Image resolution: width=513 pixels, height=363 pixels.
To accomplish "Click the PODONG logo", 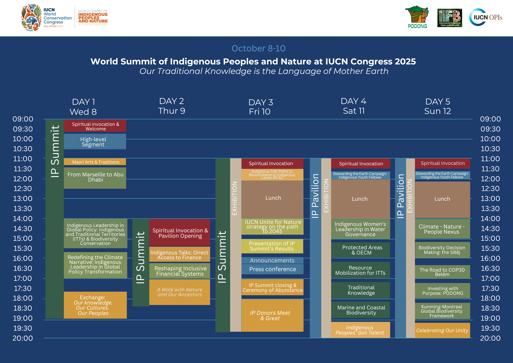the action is (x=417, y=17).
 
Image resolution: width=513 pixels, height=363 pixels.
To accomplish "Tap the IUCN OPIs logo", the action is (x=486, y=17).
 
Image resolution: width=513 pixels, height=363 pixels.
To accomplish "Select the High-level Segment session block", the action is (x=95, y=141).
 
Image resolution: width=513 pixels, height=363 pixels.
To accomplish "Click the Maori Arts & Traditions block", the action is (x=95, y=162).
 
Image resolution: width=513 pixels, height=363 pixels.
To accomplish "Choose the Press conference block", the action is (x=272, y=269).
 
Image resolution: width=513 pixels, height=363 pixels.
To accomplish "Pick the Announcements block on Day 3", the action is (x=272, y=260).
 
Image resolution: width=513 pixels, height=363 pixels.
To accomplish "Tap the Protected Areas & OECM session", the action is (x=360, y=250).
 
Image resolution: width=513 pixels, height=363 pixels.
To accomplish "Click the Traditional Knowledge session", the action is (x=360, y=290).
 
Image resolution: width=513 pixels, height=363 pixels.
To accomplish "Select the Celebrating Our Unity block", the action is (x=442, y=330).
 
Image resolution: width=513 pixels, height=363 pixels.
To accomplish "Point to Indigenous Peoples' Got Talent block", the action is (x=360, y=330).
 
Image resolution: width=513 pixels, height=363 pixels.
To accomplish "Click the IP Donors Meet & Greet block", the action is (x=272, y=315).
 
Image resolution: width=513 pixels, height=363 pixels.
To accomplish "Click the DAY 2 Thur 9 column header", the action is (x=172, y=106).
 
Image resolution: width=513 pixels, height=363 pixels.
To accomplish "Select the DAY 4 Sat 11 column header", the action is (x=353, y=106).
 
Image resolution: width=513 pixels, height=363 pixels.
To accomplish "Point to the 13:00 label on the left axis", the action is (x=23, y=198).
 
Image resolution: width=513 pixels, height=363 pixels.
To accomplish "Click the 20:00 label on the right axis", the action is (x=490, y=338).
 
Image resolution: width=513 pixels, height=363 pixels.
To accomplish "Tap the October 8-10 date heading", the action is (x=258, y=48).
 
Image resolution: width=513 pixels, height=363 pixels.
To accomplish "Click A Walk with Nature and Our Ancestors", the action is (x=180, y=292).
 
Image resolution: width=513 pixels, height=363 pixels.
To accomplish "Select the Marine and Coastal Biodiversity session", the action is (x=360, y=310).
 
